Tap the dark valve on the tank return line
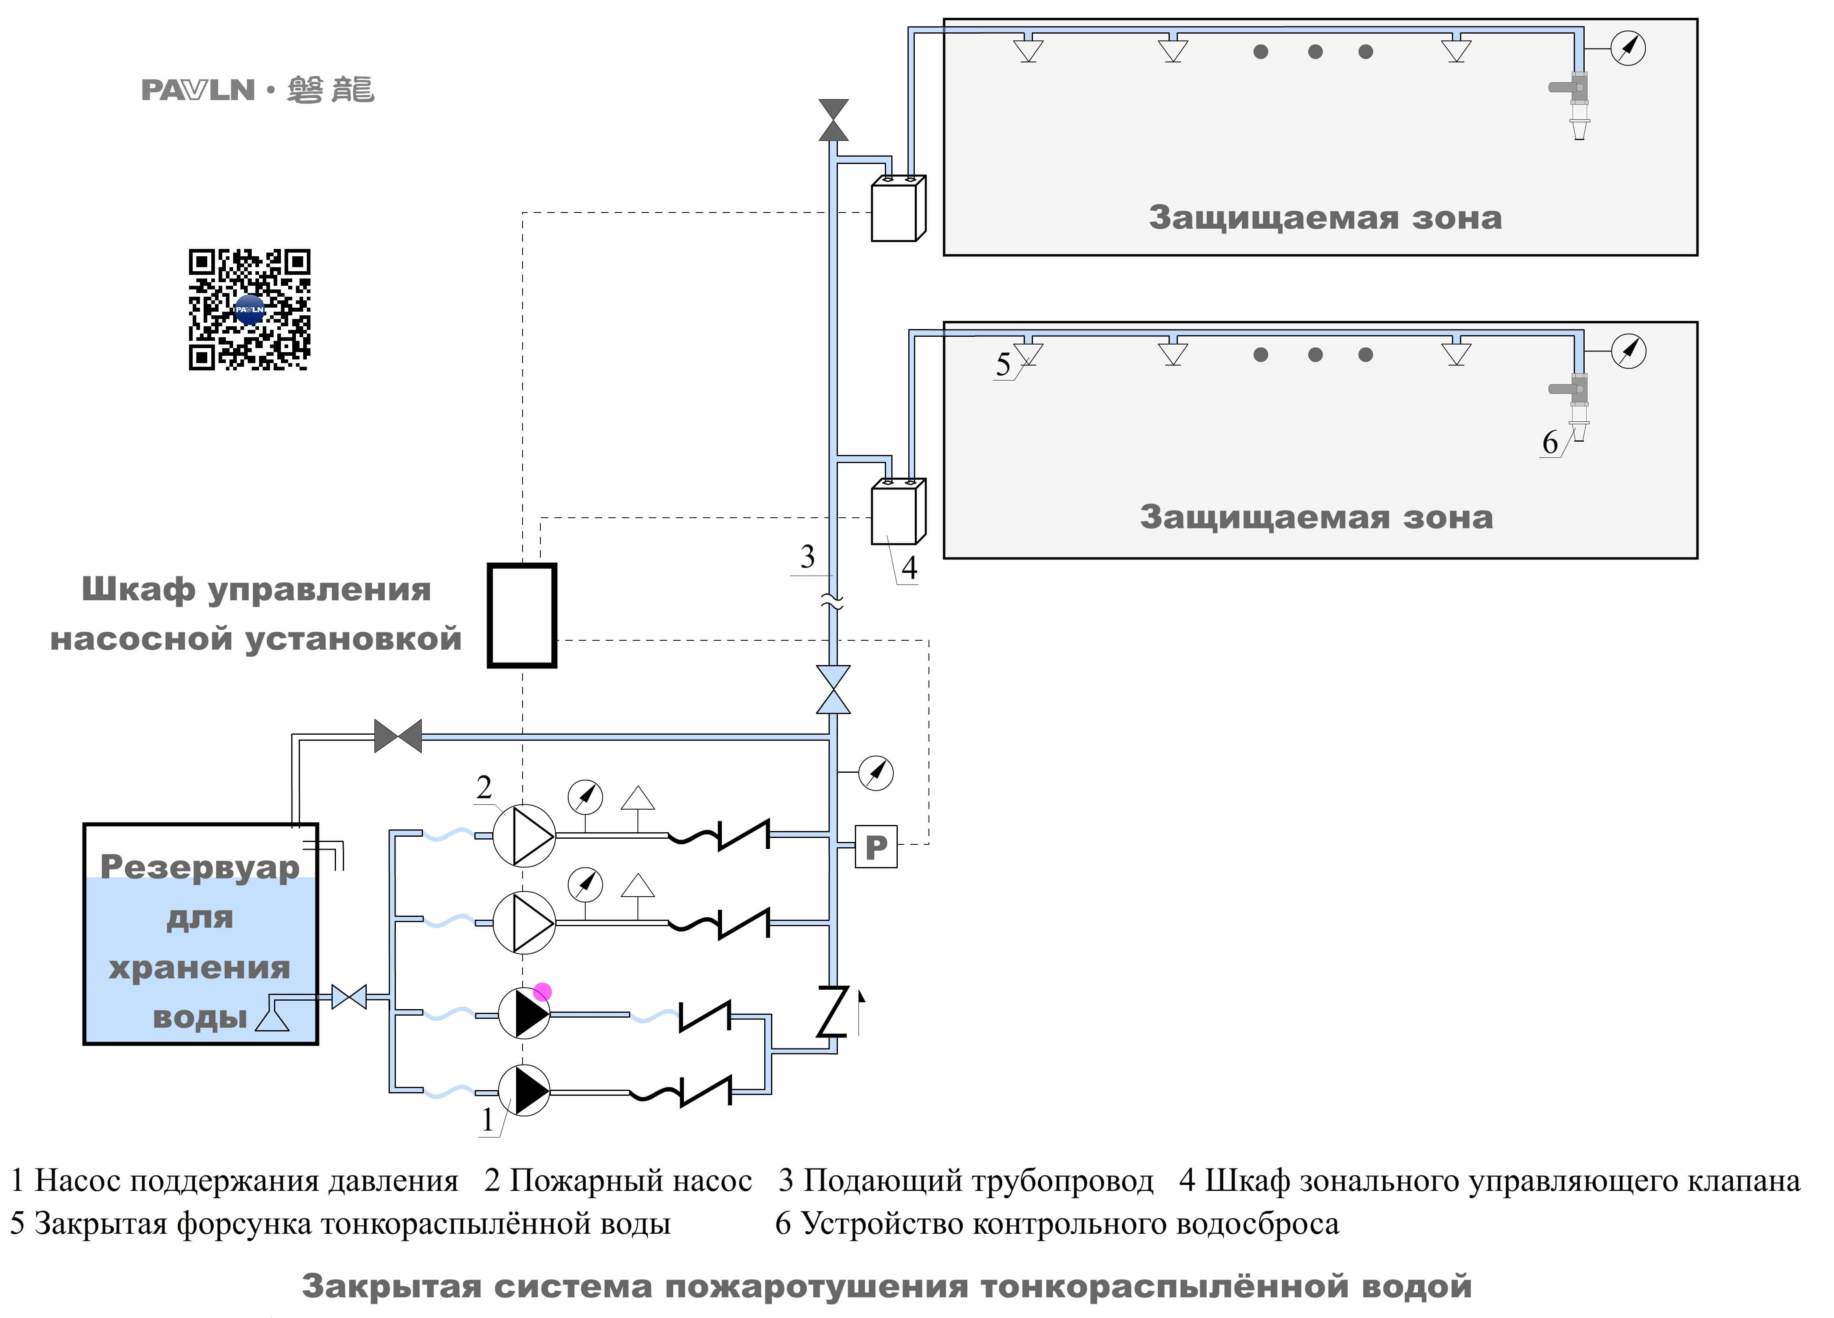tap(398, 736)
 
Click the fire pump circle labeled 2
tap(524, 835)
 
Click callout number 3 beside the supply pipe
tap(807, 557)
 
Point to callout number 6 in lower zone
tap(1549, 442)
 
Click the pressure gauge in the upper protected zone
tap(1628, 48)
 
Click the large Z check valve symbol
tap(833, 1011)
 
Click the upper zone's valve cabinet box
tap(896, 209)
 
